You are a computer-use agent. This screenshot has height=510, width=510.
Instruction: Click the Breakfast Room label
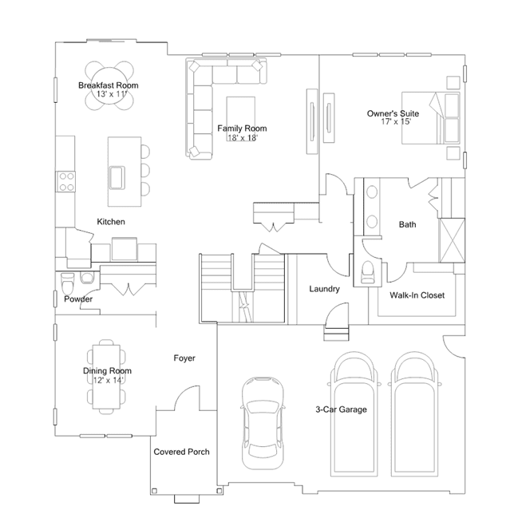[x=109, y=85]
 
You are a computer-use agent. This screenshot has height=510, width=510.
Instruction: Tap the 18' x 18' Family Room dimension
[x=243, y=137]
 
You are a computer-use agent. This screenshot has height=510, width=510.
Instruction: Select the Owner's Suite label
[x=393, y=113]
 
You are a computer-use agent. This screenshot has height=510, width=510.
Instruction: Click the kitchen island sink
[x=117, y=178]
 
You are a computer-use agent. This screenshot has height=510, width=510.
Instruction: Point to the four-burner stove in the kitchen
[x=66, y=181]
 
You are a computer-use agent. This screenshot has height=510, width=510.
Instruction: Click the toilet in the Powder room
[x=68, y=283]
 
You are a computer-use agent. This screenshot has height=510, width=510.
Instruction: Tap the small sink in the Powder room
[x=87, y=278]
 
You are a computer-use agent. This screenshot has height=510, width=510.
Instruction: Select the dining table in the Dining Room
[x=106, y=377]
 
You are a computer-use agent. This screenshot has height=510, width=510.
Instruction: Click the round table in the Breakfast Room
[x=109, y=85]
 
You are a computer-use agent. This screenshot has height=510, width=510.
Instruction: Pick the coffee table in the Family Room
[x=241, y=114]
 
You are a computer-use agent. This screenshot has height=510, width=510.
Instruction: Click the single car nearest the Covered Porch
[x=263, y=423]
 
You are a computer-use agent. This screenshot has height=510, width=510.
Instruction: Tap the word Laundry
[x=324, y=289]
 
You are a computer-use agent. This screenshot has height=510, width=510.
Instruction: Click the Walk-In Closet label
[x=417, y=295]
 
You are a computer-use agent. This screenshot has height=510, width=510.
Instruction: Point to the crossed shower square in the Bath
[x=452, y=240]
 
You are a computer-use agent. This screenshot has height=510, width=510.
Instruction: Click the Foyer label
[x=184, y=358]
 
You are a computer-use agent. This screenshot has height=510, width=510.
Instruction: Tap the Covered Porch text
[x=181, y=452]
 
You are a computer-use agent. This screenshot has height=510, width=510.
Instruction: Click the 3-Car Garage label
[x=341, y=409]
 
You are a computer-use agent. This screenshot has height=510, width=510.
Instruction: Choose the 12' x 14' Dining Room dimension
[x=108, y=380]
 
